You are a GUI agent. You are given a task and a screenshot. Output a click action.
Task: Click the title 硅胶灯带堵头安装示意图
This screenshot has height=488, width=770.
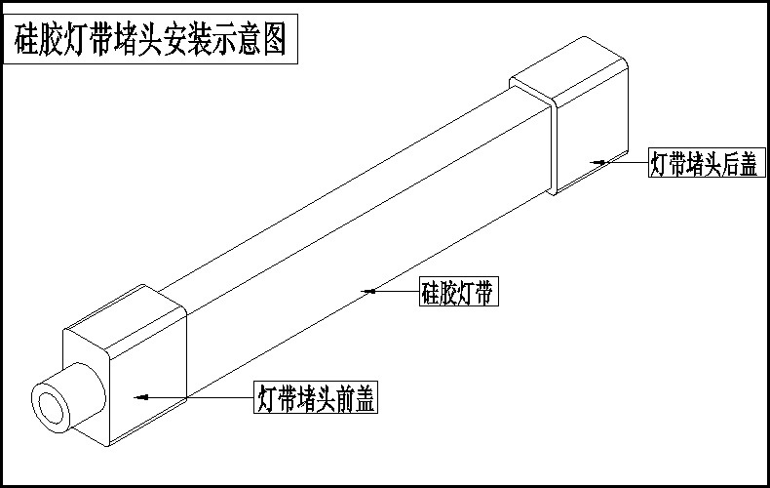pos(150,42)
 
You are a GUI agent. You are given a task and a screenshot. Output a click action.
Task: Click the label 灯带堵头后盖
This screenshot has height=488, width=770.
pos(704,163)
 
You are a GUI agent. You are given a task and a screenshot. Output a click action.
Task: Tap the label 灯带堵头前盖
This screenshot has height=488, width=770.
pos(316,398)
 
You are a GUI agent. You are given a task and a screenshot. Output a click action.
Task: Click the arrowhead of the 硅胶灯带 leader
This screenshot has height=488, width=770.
pos(368,291)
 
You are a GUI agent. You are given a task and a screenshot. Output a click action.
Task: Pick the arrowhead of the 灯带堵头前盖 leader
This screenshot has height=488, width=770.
pos(139,397)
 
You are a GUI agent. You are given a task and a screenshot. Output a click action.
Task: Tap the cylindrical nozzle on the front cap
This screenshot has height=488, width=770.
pos(73,396)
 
